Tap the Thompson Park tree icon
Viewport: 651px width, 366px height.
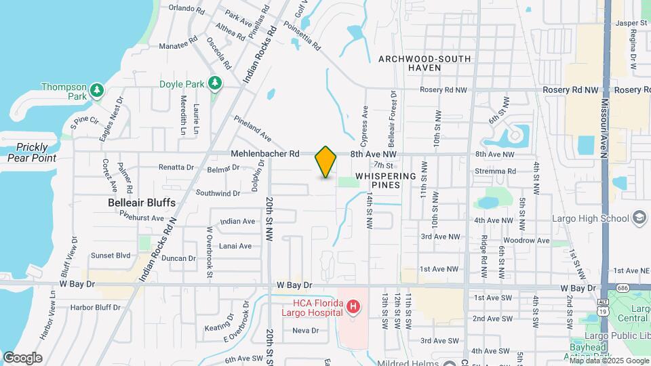click(x=97, y=89)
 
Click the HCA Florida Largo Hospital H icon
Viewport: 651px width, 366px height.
click(x=353, y=307)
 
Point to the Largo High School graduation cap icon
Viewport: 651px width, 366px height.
click(x=638, y=218)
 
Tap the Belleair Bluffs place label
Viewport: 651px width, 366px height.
click(x=142, y=203)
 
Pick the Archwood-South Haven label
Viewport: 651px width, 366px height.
click(x=425, y=63)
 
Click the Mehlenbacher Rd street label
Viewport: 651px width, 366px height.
click(x=265, y=154)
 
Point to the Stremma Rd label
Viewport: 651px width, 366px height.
click(x=496, y=171)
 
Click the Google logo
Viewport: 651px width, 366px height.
click(x=22, y=357)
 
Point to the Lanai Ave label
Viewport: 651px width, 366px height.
click(x=236, y=246)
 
